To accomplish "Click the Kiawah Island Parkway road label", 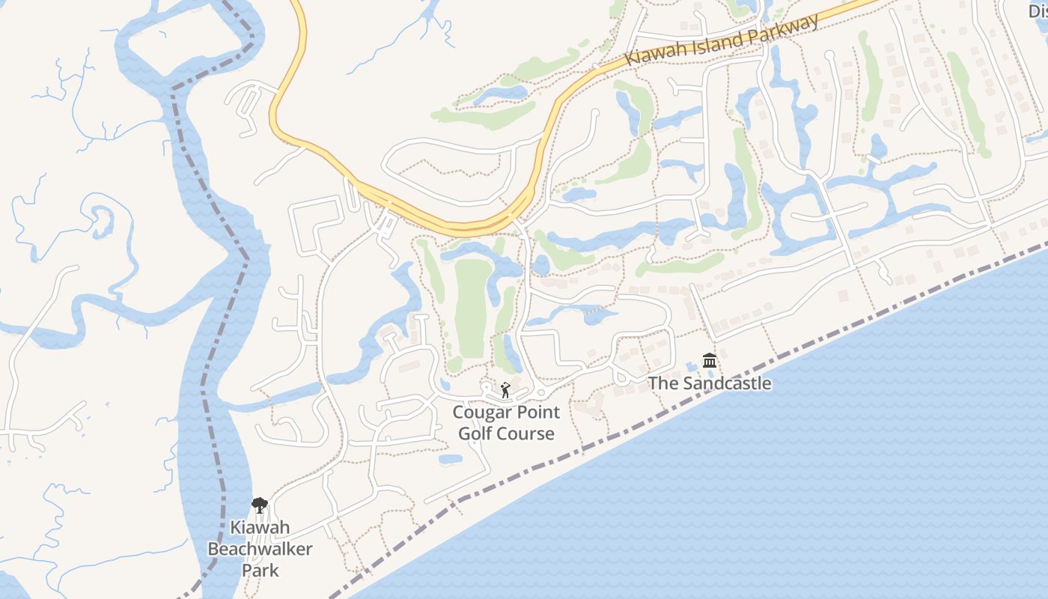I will coord(723,40).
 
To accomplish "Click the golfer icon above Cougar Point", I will coord(505,390).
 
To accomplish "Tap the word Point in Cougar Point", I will coord(537,413).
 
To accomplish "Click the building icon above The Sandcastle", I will coord(710,362).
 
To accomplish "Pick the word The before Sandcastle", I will coord(662,383).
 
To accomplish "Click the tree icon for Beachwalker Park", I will coord(260,505).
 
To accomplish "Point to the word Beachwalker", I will coord(260,549).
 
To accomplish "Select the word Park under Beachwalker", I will coord(260,570).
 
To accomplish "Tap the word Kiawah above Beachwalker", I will coord(260,527).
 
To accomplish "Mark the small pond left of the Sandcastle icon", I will coord(689,366).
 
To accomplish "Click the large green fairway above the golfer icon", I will coord(471,307).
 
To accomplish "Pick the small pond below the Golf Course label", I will coord(450,458).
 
